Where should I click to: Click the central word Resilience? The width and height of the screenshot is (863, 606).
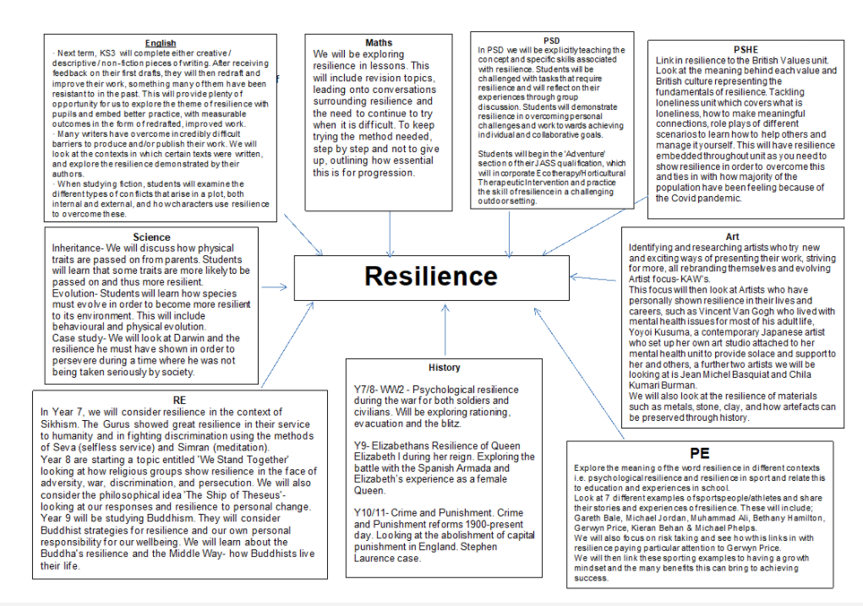click(431, 276)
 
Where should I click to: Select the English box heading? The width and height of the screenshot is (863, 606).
click(161, 43)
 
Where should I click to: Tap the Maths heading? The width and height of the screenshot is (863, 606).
click(379, 42)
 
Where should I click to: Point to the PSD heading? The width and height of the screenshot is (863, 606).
click(551, 40)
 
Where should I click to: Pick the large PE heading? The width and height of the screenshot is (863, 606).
click(699, 453)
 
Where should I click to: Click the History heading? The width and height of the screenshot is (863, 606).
click(444, 368)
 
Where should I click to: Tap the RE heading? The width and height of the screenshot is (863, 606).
click(178, 400)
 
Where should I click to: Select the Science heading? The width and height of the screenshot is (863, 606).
click(151, 237)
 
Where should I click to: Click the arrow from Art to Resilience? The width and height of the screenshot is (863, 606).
click(595, 277)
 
